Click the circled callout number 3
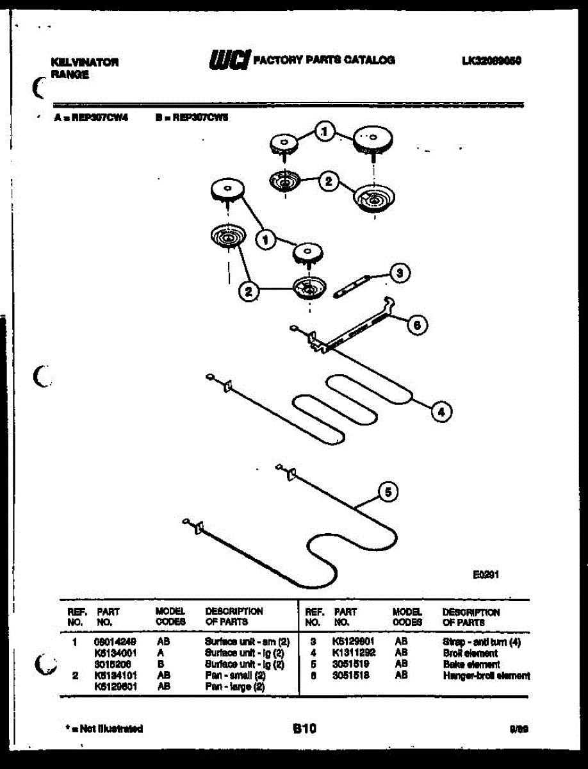tap(399, 274)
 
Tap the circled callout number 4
tap(441, 411)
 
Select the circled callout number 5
tap(387, 492)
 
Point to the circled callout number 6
tap(417, 325)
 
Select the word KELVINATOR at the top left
tap(84, 63)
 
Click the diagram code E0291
tap(486, 575)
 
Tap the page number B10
tap(304, 728)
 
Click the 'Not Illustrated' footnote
tap(104, 729)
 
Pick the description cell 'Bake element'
tap(471, 665)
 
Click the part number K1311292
tap(354, 653)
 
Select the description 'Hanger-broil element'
tap(486, 675)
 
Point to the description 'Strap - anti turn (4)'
tap(481, 641)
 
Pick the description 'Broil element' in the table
tap(470, 653)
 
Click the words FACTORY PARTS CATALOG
tap(324, 60)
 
